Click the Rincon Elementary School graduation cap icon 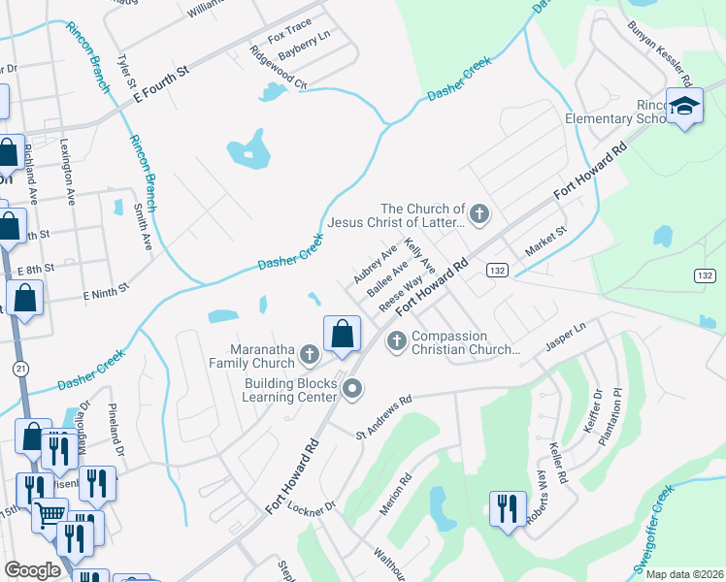pos(684,107)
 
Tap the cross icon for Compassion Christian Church pos(396,340)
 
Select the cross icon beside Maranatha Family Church pos(309,354)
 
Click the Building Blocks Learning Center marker pos(352,389)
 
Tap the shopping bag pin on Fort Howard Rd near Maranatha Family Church pos(342,335)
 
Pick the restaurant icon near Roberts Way pos(508,508)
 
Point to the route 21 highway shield pos(20,369)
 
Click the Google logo pos(32,570)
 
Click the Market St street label pos(544,238)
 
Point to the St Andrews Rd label pos(385,414)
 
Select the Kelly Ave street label pos(419,256)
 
